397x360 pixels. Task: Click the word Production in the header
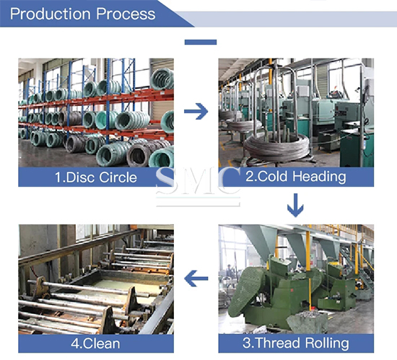pos(51,14)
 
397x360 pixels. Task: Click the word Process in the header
pos(126,14)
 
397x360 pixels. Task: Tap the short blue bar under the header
pos(201,43)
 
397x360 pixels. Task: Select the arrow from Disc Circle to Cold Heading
pos(196,111)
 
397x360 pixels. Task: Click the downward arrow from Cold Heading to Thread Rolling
pos(295,205)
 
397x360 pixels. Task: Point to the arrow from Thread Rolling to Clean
pos(196,278)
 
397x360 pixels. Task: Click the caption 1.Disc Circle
pos(96,177)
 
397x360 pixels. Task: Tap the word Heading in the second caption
pos(319,177)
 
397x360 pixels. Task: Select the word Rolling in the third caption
pos(327,343)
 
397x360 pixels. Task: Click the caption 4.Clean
pos(95,343)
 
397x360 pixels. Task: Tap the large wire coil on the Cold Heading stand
pos(277,146)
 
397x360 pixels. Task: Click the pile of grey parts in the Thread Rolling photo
pos(307,320)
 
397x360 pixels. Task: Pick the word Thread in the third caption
pos(276,343)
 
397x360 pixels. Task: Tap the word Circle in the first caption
pos(118,177)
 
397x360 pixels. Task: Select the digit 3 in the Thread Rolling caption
pos(247,343)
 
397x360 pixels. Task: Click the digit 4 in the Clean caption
pos(75,344)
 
